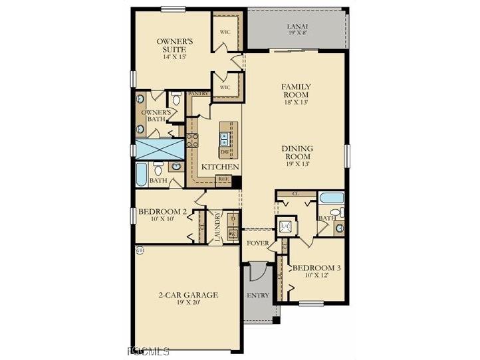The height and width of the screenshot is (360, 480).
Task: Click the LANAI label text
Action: click(297, 27)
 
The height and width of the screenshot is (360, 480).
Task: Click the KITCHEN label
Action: click(220, 166)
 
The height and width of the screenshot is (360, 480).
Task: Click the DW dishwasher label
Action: click(225, 152)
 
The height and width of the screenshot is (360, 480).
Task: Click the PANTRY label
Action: click(199, 94)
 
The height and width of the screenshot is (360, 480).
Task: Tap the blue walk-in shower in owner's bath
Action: click(160, 148)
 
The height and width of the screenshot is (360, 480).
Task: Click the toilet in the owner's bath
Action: click(176, 100)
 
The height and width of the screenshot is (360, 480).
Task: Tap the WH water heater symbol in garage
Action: click(140, 250)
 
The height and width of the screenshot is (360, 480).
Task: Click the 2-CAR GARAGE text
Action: click(188, 295)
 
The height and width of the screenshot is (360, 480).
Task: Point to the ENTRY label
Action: click(257, 295)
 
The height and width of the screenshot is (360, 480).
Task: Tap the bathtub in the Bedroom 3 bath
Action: click(331, 198)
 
